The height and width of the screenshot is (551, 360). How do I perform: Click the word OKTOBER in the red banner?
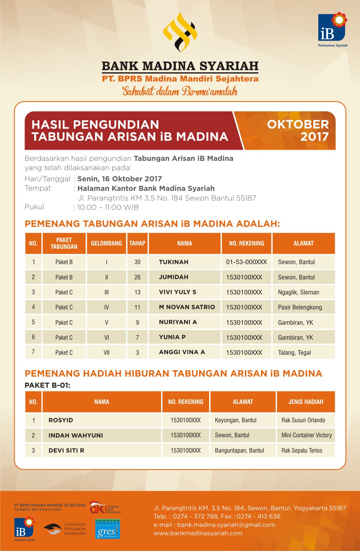(x=298, y=125)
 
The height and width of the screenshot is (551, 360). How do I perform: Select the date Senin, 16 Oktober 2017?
(x=119, y=179)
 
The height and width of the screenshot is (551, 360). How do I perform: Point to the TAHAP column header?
(x=137, y=243)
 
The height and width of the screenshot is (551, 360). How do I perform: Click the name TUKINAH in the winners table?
(x=174, y=262)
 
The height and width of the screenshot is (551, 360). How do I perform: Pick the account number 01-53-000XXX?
(x=246, y=262)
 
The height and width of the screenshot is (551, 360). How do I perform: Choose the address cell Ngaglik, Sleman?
(x=298, y=292)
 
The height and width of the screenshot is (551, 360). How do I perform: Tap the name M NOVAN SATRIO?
(x=187, y=307)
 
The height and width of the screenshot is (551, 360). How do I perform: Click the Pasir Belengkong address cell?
(x=300, y=307)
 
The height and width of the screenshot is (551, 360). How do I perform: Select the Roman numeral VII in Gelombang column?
(x=106, y=353)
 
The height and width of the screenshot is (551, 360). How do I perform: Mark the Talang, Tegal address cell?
(x=294, y=353)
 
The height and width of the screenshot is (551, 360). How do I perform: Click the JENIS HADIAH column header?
(x=306, y=402)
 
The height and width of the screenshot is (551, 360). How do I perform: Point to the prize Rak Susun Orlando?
(x=303, y=420)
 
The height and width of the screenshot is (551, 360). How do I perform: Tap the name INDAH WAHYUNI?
(x=76, y=435)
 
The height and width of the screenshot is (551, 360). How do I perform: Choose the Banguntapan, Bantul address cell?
(x=239, y=450)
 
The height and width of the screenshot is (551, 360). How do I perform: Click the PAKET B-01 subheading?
(x=47, y=385)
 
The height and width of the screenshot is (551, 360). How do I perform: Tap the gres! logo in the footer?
(x=107, y=529)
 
